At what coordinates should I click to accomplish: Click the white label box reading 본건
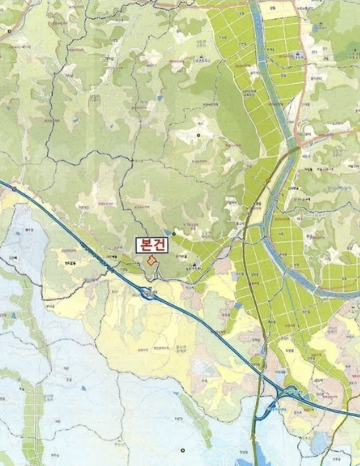click(152, 246)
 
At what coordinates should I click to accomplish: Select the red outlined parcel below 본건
click(152, 261)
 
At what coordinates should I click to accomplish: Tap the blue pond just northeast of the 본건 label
click(167, 232)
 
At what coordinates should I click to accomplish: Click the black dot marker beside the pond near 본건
click(174, 234)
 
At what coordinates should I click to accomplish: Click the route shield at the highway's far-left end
click(14, 189)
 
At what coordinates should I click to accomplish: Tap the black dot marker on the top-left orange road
click(9, 31)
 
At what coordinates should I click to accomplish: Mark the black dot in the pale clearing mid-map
click(198, 135)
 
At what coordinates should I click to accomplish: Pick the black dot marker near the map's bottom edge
click(182, 450)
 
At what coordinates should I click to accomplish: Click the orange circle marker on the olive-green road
click(268, 180)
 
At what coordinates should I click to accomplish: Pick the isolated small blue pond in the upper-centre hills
click(160, 98)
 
